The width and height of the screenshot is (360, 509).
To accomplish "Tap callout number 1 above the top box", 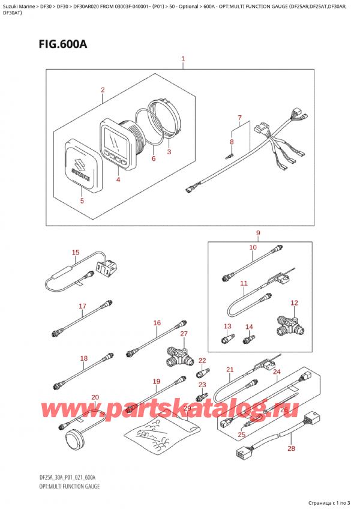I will tap(183, 59).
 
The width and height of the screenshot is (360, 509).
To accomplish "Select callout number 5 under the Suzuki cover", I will tap(82, 202).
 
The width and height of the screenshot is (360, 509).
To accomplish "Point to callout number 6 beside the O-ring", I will tap(154, 159).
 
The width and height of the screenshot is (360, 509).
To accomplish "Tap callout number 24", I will tap(276, 372).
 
